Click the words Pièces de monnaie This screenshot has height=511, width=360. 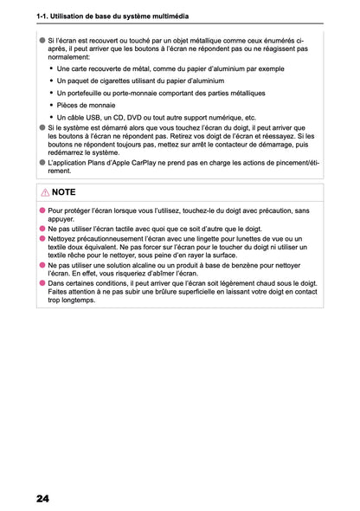point(87,105)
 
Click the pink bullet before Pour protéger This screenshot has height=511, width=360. point(42,210)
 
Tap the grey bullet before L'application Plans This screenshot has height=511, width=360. point(42,162)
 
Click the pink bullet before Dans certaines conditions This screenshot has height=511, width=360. point(42,282)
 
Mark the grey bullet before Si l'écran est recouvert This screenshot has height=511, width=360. point(42,41)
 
